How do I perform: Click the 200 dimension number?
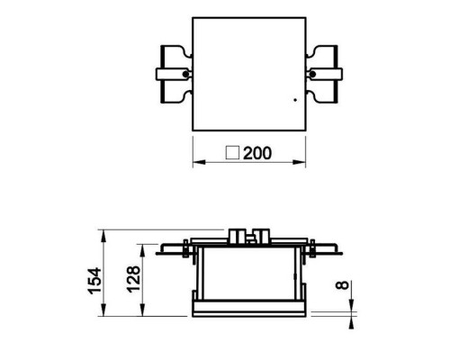click(x=256, y=154)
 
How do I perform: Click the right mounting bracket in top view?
click(x=324, y=73)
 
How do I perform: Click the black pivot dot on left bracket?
click(x=186, y=73)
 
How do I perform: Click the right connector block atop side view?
click(x=262, y=235)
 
